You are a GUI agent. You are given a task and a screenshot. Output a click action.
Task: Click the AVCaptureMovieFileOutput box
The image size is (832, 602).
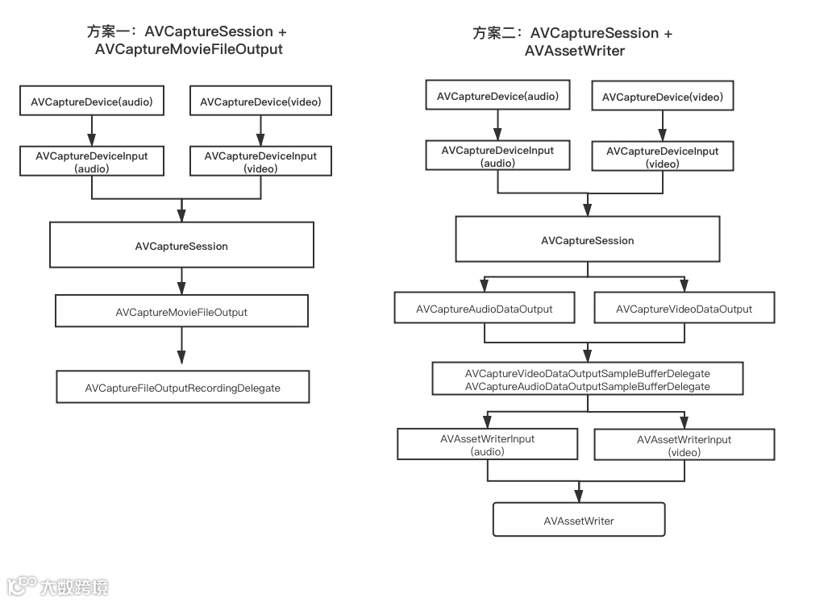coord(181,311)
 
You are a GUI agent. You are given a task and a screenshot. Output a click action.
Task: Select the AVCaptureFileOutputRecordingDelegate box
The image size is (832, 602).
coord(182,388)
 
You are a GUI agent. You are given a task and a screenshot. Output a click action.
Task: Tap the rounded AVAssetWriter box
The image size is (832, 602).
coord(579,520)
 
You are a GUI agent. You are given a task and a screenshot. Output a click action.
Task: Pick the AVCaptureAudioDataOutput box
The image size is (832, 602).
coord(484,309)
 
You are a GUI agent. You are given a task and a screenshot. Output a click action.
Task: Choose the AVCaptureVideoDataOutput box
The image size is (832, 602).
coord(684,309)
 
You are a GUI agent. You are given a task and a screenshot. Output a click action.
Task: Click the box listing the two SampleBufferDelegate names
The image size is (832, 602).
coord(588,380)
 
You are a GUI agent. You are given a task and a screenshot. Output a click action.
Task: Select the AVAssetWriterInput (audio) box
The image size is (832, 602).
coord(488,445)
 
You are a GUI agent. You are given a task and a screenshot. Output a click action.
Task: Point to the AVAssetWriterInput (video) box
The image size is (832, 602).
coord(684,446)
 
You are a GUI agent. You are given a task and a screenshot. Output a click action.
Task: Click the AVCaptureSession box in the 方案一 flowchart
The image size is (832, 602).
coord(181,246)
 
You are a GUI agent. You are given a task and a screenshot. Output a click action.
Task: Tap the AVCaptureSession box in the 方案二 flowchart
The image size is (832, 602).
coord(587,240)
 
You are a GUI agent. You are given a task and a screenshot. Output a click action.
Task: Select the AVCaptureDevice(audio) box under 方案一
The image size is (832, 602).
coord(92,102)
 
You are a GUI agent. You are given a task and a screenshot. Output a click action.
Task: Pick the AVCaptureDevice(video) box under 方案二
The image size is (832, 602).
coord(663,97)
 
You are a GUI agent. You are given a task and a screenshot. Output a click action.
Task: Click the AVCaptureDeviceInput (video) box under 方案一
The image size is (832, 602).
coord(260,162)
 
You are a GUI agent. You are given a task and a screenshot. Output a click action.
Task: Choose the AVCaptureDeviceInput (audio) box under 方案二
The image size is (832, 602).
coord(497,156)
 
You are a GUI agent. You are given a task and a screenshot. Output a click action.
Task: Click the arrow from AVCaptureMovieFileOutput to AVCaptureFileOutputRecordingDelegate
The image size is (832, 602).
coord(181,348)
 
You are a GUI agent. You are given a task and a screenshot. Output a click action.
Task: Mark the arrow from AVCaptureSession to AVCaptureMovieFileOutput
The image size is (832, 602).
coord(181,281)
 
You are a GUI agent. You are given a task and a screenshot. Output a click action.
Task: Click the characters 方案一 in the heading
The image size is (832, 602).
coord(111,32)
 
